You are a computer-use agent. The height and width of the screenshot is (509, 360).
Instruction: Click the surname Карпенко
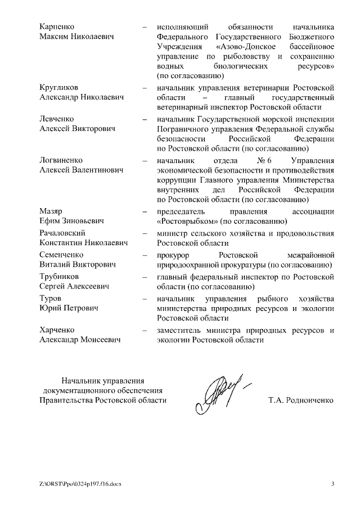(57, 27)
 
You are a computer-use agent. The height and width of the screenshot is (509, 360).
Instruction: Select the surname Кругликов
(59, 88)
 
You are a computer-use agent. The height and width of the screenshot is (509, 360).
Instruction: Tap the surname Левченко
(57, 119)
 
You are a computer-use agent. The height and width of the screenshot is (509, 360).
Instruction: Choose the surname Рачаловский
(62, 233)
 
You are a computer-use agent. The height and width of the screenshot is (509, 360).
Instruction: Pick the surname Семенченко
(61, 255)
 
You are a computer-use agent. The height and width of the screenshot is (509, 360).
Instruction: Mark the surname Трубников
(59, 277)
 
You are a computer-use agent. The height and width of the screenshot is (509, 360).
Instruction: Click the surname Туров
(50, 298)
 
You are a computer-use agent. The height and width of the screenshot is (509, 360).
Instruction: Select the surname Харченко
(57, 330)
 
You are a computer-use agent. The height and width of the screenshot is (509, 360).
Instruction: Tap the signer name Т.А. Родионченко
(301, 400)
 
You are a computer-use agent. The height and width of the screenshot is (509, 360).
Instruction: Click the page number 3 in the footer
(332, 484)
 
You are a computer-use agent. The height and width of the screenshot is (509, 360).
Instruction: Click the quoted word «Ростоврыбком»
(188, 221)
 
